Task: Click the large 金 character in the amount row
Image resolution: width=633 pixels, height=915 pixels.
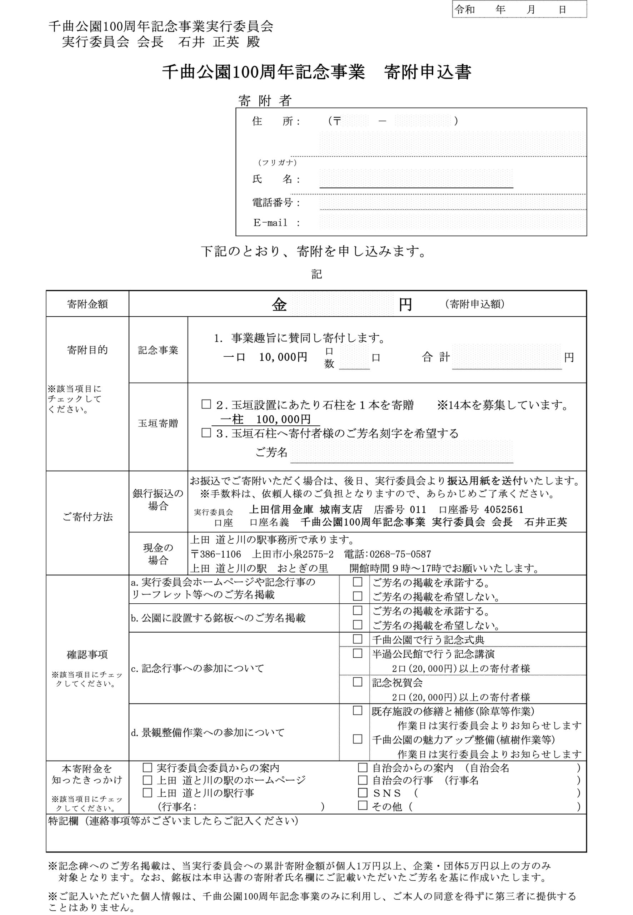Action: click(279, 305)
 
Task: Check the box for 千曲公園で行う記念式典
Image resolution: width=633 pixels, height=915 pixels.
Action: click(357, 639)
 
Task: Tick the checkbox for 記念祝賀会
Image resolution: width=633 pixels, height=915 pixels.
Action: click(357, 682)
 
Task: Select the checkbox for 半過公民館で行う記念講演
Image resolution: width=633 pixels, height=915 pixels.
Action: click(357, 653)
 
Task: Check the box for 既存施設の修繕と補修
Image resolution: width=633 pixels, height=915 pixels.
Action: click(357, 710)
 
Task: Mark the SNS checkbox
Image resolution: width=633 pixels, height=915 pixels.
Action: click(363, 792)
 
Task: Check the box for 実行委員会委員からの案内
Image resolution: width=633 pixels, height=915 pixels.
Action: click(147, 767)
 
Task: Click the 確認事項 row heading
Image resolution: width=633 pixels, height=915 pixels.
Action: click(87, 654)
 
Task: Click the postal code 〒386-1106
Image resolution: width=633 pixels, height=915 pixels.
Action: click(216, 554)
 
